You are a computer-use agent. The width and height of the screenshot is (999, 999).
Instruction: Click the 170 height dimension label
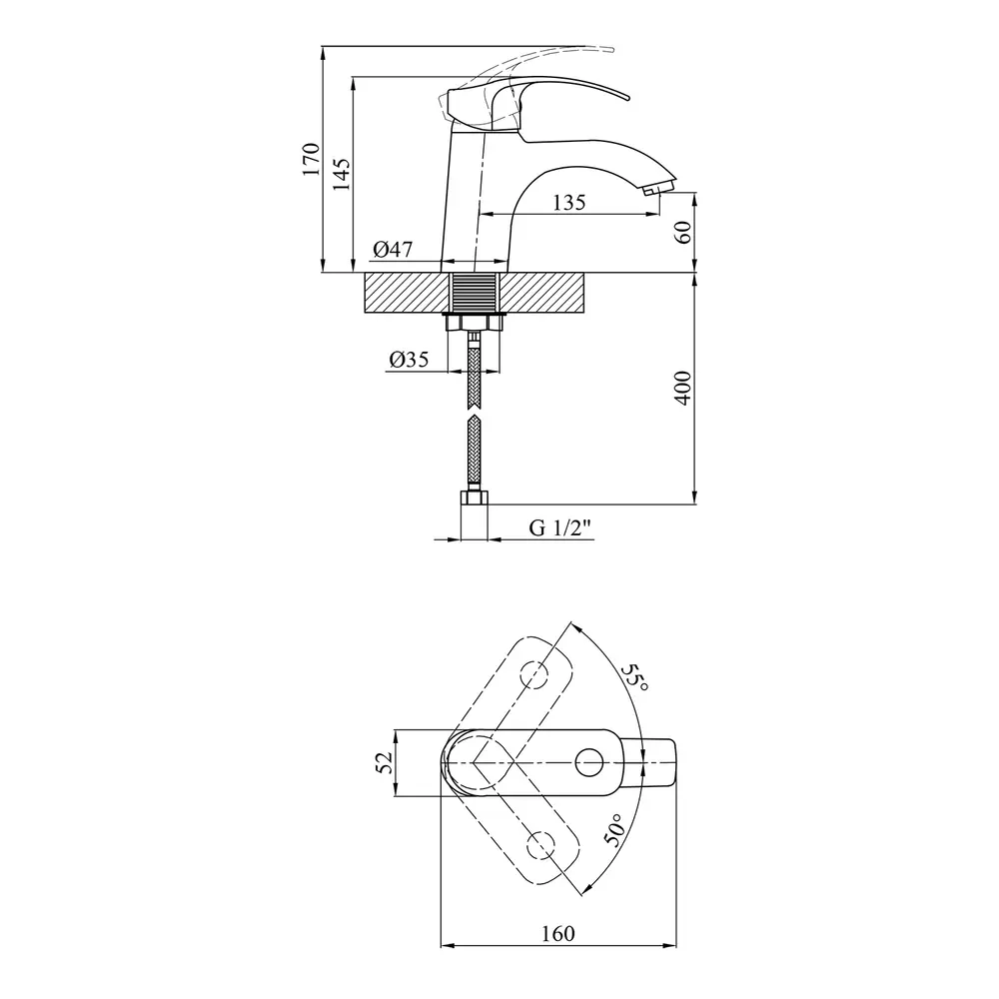point(311,159)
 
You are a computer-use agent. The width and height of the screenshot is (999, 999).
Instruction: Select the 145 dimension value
point(341,174)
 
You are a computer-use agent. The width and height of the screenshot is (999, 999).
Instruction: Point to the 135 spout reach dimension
point(569,203)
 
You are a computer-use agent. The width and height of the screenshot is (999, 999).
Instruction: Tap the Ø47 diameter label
point(393,249)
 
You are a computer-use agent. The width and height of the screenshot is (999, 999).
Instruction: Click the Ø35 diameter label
point(409,360)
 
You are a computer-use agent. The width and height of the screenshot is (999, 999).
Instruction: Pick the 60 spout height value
point(682,232)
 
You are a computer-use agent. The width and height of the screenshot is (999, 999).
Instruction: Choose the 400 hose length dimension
point(682,388)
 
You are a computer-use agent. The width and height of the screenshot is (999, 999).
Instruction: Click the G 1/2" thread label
point(560,528)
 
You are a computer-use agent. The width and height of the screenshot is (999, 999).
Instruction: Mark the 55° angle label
point(635,678)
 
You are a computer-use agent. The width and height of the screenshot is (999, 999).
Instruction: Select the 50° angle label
point(616,829)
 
